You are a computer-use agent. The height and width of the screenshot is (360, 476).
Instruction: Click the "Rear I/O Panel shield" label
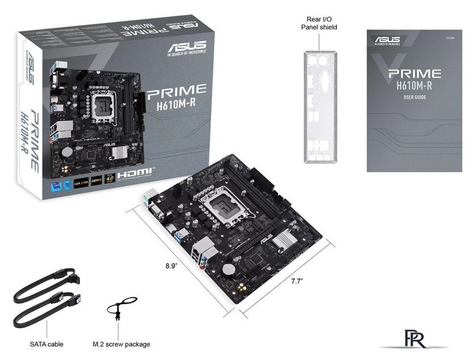point(321,23)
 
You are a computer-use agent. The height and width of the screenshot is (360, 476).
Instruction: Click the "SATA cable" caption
point(46,344)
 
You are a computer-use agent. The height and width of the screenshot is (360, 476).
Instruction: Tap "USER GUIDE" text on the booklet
point(415,98)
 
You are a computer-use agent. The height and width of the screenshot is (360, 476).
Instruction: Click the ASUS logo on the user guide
point(387,40)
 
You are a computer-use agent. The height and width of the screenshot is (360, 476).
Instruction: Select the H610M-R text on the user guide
point(414,86)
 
